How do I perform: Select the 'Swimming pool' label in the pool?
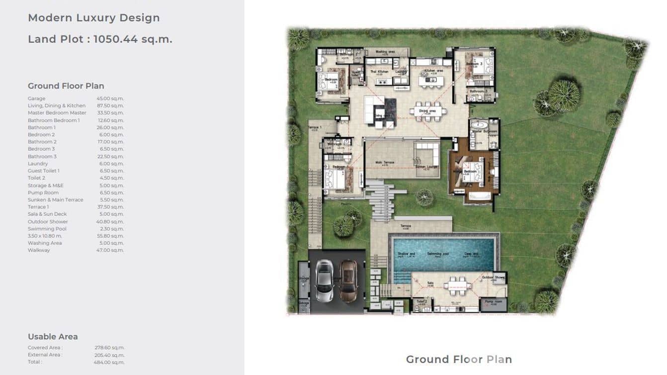click(437, 254)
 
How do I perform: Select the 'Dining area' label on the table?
click(427, 111)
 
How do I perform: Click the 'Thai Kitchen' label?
click(379, 72)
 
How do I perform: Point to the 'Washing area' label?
click(385, 51)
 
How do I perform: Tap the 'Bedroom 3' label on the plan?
click(474, 64)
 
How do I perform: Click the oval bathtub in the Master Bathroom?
click(479, 124)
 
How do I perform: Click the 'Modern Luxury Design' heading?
click(93, 18)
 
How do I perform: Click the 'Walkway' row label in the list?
click(39, 250)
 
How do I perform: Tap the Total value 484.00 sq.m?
click(110, 362)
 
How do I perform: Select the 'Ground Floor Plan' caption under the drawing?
click(458, 359)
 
